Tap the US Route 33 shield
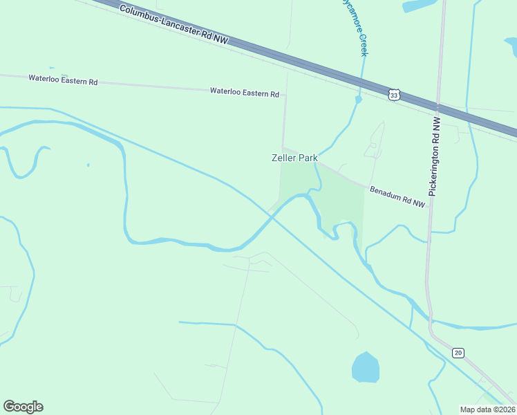[393, 95]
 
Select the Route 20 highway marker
[458, 353]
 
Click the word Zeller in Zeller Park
[283, 158]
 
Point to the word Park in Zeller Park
[308, 158]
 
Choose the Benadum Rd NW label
[397, 198]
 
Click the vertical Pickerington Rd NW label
[435, 156]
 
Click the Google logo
[23, 407]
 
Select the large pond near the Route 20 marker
[366, 367]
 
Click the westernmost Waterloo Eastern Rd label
[63, 80]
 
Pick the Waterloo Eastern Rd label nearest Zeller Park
[244, 92]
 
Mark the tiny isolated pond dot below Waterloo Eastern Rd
[88, 165]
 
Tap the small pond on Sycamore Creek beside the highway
[358, 100]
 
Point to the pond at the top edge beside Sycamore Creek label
[420, 6]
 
